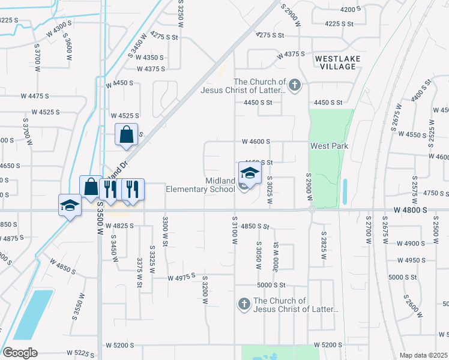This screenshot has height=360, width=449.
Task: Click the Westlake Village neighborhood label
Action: (x=336, y=62)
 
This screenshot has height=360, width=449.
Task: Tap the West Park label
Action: (x=329, y=146)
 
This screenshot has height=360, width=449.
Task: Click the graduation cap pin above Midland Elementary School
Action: (x=250, y=174)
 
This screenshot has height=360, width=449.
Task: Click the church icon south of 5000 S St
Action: (x=244, y=304)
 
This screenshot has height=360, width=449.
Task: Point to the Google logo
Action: (x=20, y=353)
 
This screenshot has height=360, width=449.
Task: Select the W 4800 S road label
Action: (x=411, y=210)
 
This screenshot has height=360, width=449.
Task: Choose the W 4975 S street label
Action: (x=183, y=278)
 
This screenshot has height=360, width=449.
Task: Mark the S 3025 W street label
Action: (x=270, y=191)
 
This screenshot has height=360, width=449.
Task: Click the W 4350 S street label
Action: (x=150, y=58)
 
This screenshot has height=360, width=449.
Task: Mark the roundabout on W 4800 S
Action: (x=312, y=209)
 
